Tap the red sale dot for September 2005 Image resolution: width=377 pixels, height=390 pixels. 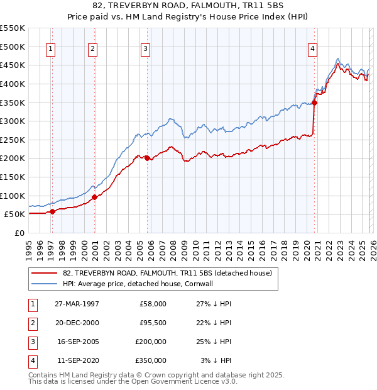[147, 158]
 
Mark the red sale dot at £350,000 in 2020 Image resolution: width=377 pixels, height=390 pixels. [315, 103]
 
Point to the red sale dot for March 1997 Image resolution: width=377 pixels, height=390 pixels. [53, 211]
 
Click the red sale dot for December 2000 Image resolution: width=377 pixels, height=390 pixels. [95, 197]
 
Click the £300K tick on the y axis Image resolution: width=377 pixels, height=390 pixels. [13, 121]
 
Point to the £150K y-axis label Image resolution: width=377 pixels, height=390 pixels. [13, 177]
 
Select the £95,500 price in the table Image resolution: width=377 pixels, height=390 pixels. [153, 323]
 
